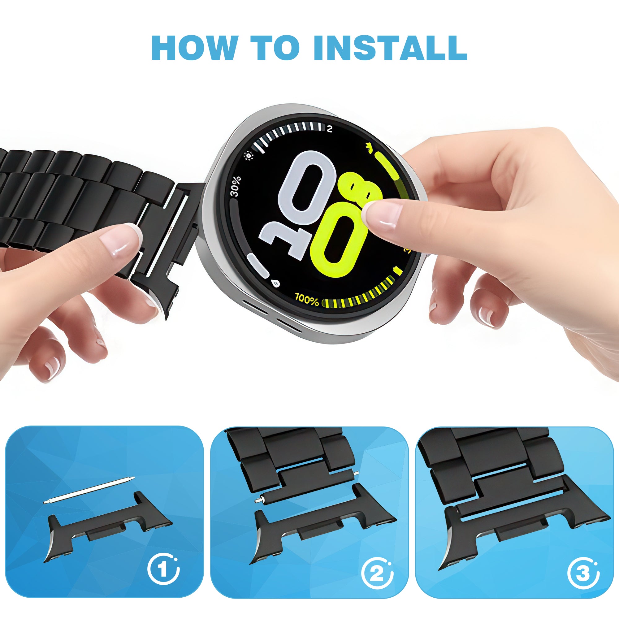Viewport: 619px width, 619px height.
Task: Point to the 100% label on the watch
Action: point(307,299)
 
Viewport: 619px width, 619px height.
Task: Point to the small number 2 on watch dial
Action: point(330,129)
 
